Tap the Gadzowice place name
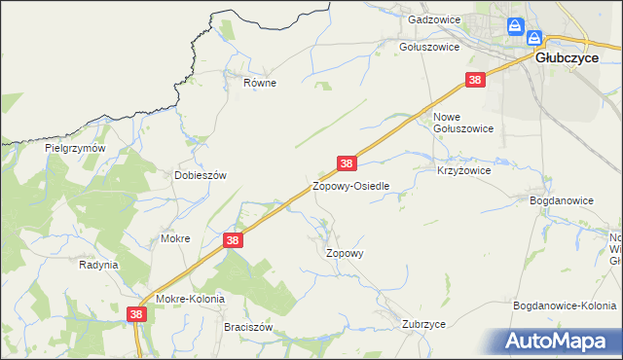[x=432, y=19]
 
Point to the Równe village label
[x=260, y=83]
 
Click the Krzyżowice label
[x=463, y=169]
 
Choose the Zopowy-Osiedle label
[x=350, y=186]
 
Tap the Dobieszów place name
[x=200, y=175]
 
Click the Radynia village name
[x=98, y=265]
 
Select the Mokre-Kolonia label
[x=189, y=299]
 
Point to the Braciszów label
[x=246, y=327]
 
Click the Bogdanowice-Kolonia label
[x=564, y=306]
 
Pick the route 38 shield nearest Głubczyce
[x=475, y=81]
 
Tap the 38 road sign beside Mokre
[x=232, y=239]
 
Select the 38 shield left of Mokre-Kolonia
[x=136, y=314]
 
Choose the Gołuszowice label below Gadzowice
[x=429, y=46]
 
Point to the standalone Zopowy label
[x=344, y=252]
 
